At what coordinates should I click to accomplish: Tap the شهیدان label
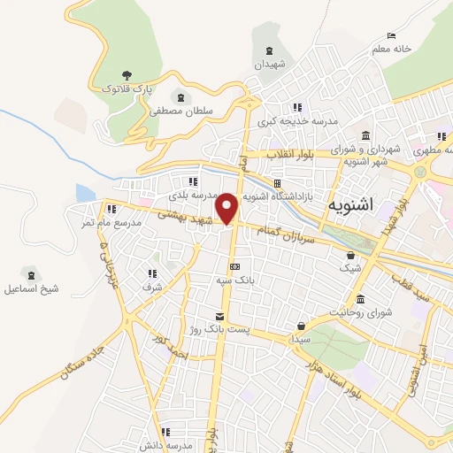tap(270, 65)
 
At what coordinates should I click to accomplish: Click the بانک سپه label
tap(234, 280)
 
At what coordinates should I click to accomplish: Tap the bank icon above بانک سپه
tap(234, 266)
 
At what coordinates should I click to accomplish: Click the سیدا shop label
tap(302, 339)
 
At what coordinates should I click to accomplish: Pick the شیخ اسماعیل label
tap(31, 288)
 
